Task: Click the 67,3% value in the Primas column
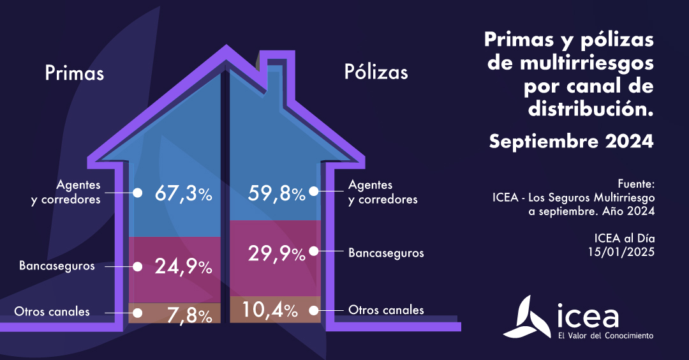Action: pyautogui.click(x=184, y=193)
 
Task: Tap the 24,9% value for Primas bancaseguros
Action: pyautogui.click(x=184, y=267)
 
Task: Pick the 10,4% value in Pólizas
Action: pyautogui.click(x=269, y=311)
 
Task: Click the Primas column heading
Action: pyautogui.click(x=74, y=73)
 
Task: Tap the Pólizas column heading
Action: pyautogui.click(x=376, y=71)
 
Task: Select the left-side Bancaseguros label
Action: pyautogui.click(x=57, y=266)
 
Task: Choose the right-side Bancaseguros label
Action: pyautogui.click(x=386, y=253)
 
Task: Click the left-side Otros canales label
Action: pyautogui.click(x=52, y=311)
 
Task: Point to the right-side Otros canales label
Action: pyautogui.click(x=386, y=310)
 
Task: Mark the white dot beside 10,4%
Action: pyautogui.click(x=313, y=311)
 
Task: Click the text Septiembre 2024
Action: pyautogui.click(x=571, y=141)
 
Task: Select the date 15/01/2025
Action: pyautogui.click(x=621, y=251)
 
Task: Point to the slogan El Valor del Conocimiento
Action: pyautogui.click(x=605, y=335)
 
